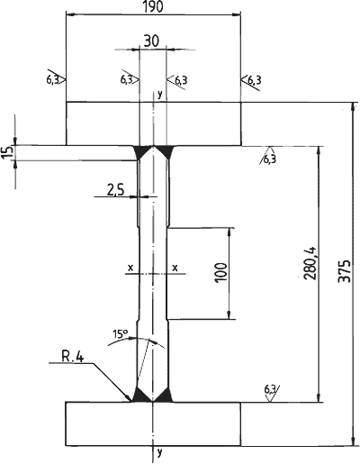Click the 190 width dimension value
click(x=153, y=6)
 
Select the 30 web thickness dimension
click(x=151, y=41)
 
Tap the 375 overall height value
click(x=345, y=270)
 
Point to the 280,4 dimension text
click(x=310, y=263)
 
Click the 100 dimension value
click(x=220, y=272)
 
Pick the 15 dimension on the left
click(x=9, y=151)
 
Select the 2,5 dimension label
click(x=115, y=190)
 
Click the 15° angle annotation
click(x=121, y=333)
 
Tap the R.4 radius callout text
click(x=73, y=357)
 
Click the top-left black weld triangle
click(x=142, y=150)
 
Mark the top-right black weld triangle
click(x=164, y=150)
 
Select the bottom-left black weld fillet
click(x=142, y=396)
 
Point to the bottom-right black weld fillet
click(x=164, y=396)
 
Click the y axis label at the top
click(x=160, y=95)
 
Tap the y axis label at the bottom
click(x=159, y=451)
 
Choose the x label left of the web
click(x=130, y=267)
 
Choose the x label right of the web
click(x=175, y=267)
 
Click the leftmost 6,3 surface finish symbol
click(x=56, y=79)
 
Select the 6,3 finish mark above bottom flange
click(x=271, y=393)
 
